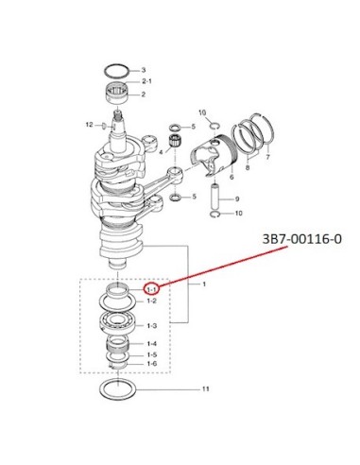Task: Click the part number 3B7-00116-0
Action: [x=301, y=239]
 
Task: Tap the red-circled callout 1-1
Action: [x=151, y=288]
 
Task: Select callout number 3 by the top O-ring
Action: [x=144, y=70]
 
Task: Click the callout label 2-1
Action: [x=146, y=81]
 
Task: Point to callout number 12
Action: [x=89, y=125]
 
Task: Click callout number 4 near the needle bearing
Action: [x=161, y=152]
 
